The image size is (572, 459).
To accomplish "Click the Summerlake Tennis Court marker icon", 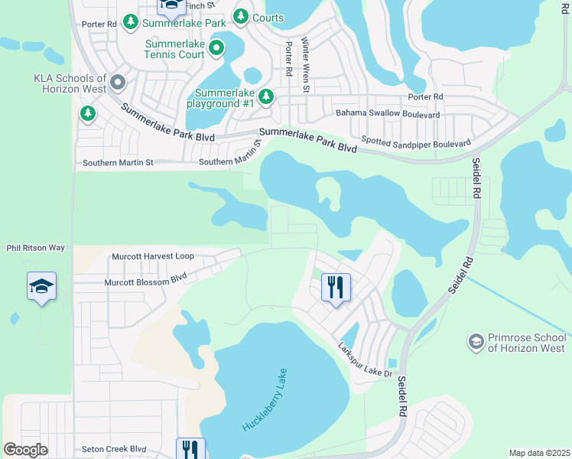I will point(216,49).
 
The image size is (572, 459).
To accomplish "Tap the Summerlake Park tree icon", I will point(131,21).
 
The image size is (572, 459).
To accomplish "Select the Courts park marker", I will point(241,16).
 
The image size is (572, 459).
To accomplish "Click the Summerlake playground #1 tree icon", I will point(266,96).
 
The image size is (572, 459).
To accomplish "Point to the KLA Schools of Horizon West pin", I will point(118,81).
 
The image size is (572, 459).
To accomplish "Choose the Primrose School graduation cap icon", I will point(476,340).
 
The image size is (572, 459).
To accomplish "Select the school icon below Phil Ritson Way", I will point(41,286).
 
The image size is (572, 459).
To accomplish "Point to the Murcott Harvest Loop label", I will point(153,256).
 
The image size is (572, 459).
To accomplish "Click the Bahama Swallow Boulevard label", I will point(388,114).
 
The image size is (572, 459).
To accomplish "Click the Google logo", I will point(25,449).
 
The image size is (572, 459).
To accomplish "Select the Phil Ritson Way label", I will point(36,248).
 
